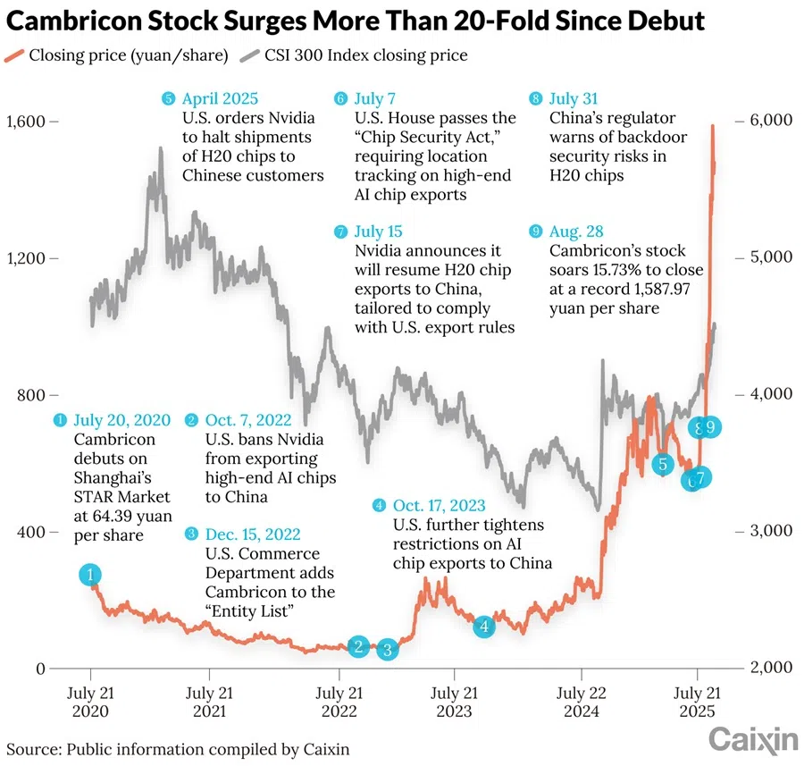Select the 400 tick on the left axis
(x=30, y=531)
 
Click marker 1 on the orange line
(x=90, y=575)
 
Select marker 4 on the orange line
(x=483, y=627)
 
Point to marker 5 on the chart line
(x=662, y=464)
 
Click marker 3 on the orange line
(x=387, y=650)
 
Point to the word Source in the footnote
(x=30, y=747)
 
